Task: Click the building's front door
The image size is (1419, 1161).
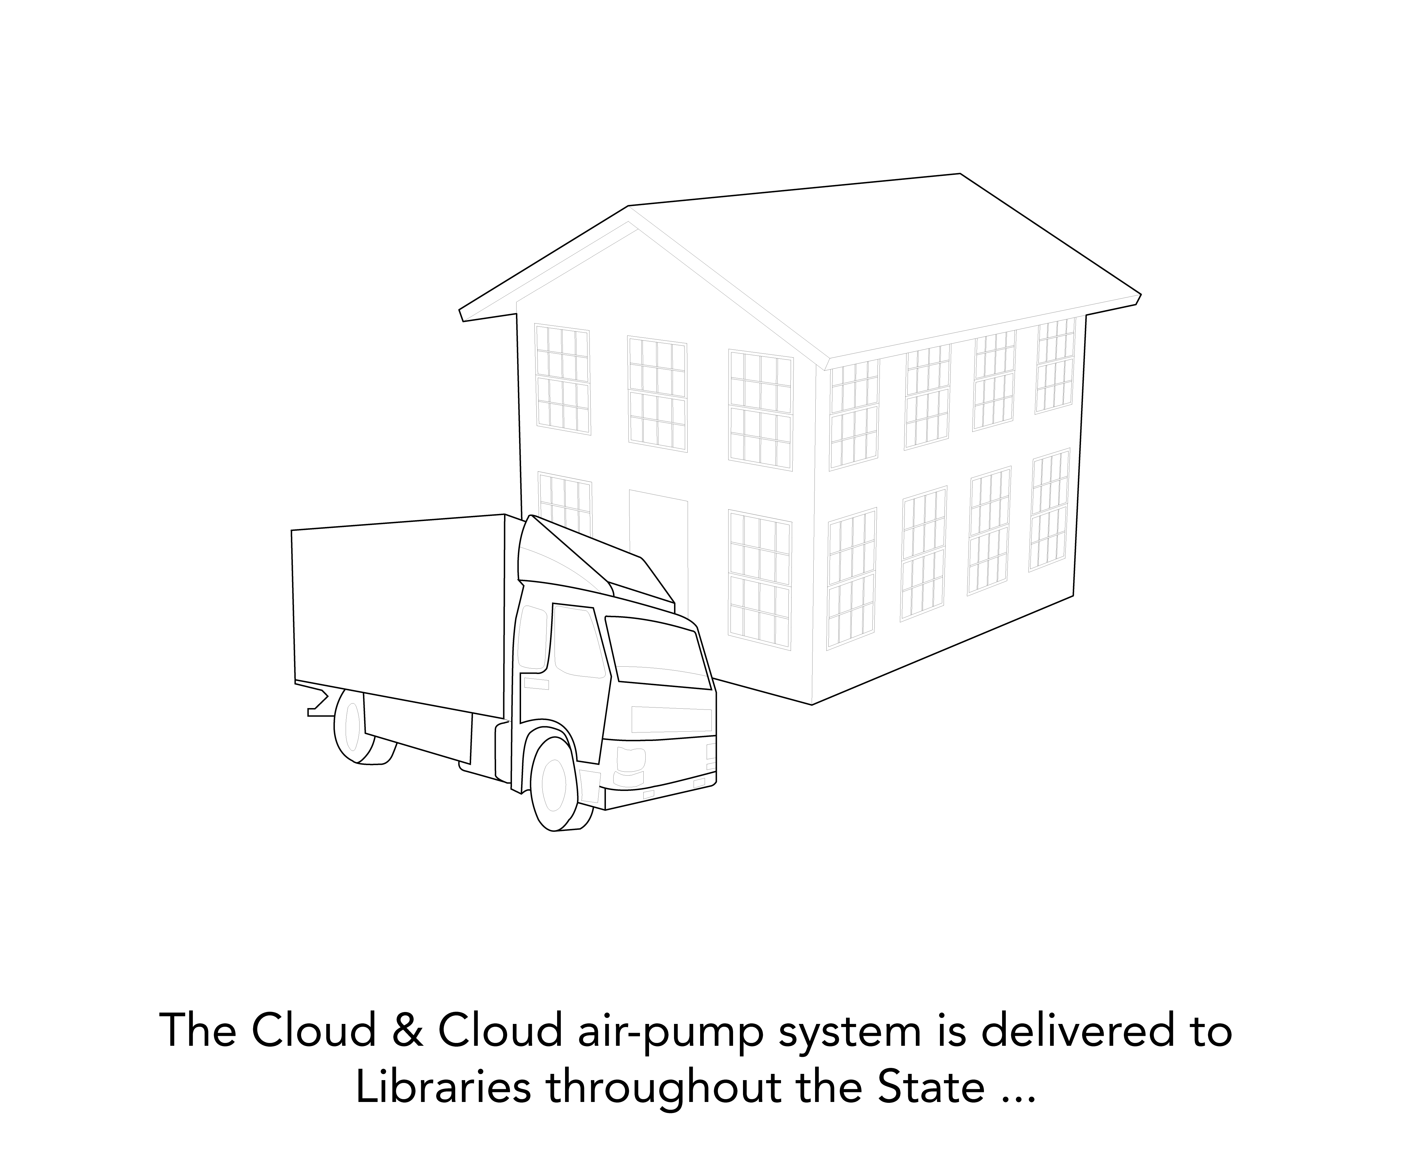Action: click(659, 535)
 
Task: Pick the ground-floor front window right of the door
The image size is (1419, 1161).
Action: click(760, 579)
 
